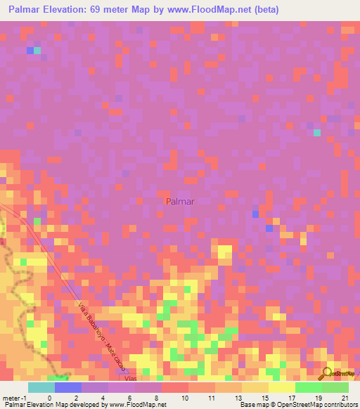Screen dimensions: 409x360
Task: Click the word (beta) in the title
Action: tap(264, 10)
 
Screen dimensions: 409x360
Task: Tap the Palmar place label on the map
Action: tap(180, 202)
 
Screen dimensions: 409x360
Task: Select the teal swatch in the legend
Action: tap(41, 387)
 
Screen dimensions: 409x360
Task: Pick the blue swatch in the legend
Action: tap(67, 387)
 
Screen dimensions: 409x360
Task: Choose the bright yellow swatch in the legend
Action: tap(281, 387)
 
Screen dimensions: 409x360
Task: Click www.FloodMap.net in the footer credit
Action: tap(141, 405)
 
